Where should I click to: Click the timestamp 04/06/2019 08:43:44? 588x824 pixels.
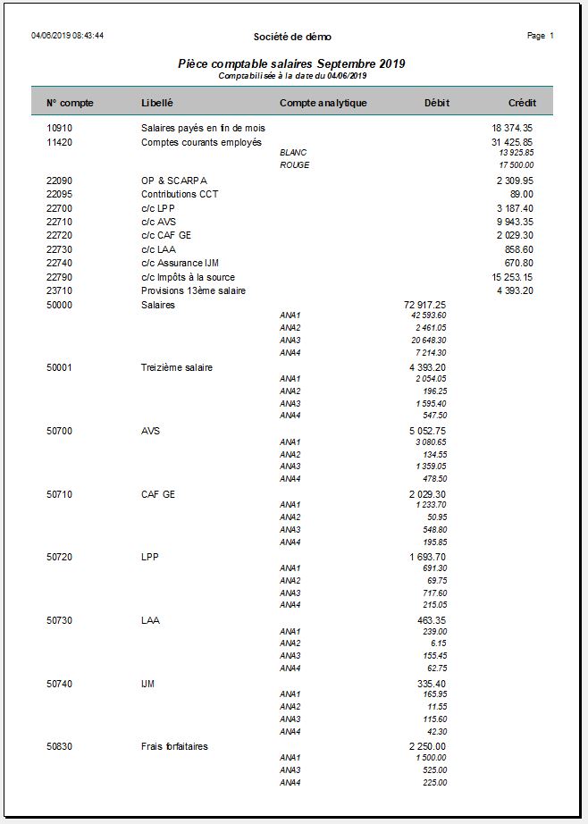[x=68, y=36]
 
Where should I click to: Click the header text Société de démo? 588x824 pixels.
[x=292, y=37]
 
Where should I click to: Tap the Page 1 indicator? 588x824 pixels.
[x=541, y=36]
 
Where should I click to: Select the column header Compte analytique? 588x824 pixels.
[x=323, y=103]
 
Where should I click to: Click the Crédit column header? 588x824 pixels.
[x=522, y=103]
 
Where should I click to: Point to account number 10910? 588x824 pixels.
[x=60, y=128]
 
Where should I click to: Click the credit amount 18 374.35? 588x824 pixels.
[x=512, y=128]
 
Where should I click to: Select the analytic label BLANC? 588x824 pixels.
[x=293, y=153]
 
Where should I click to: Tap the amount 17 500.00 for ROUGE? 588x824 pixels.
[x=517, y=164]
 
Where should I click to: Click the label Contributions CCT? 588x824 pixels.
[x=180, y=194]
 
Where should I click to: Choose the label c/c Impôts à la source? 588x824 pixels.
[x=188, y=277]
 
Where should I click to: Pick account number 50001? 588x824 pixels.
[x=60, y=367]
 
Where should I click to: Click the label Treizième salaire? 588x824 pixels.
[x=177, y=367]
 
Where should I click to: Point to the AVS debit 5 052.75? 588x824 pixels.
[x=427, y=431]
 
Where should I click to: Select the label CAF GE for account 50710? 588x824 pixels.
[x=158, y=494]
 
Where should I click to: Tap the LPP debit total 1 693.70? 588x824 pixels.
[x=427, y=557]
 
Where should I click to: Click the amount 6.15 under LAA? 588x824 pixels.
[x=438, y=643]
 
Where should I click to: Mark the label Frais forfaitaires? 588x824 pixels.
[x=174, y=746]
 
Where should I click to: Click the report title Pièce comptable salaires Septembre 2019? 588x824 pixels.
[x=292, y=64]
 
